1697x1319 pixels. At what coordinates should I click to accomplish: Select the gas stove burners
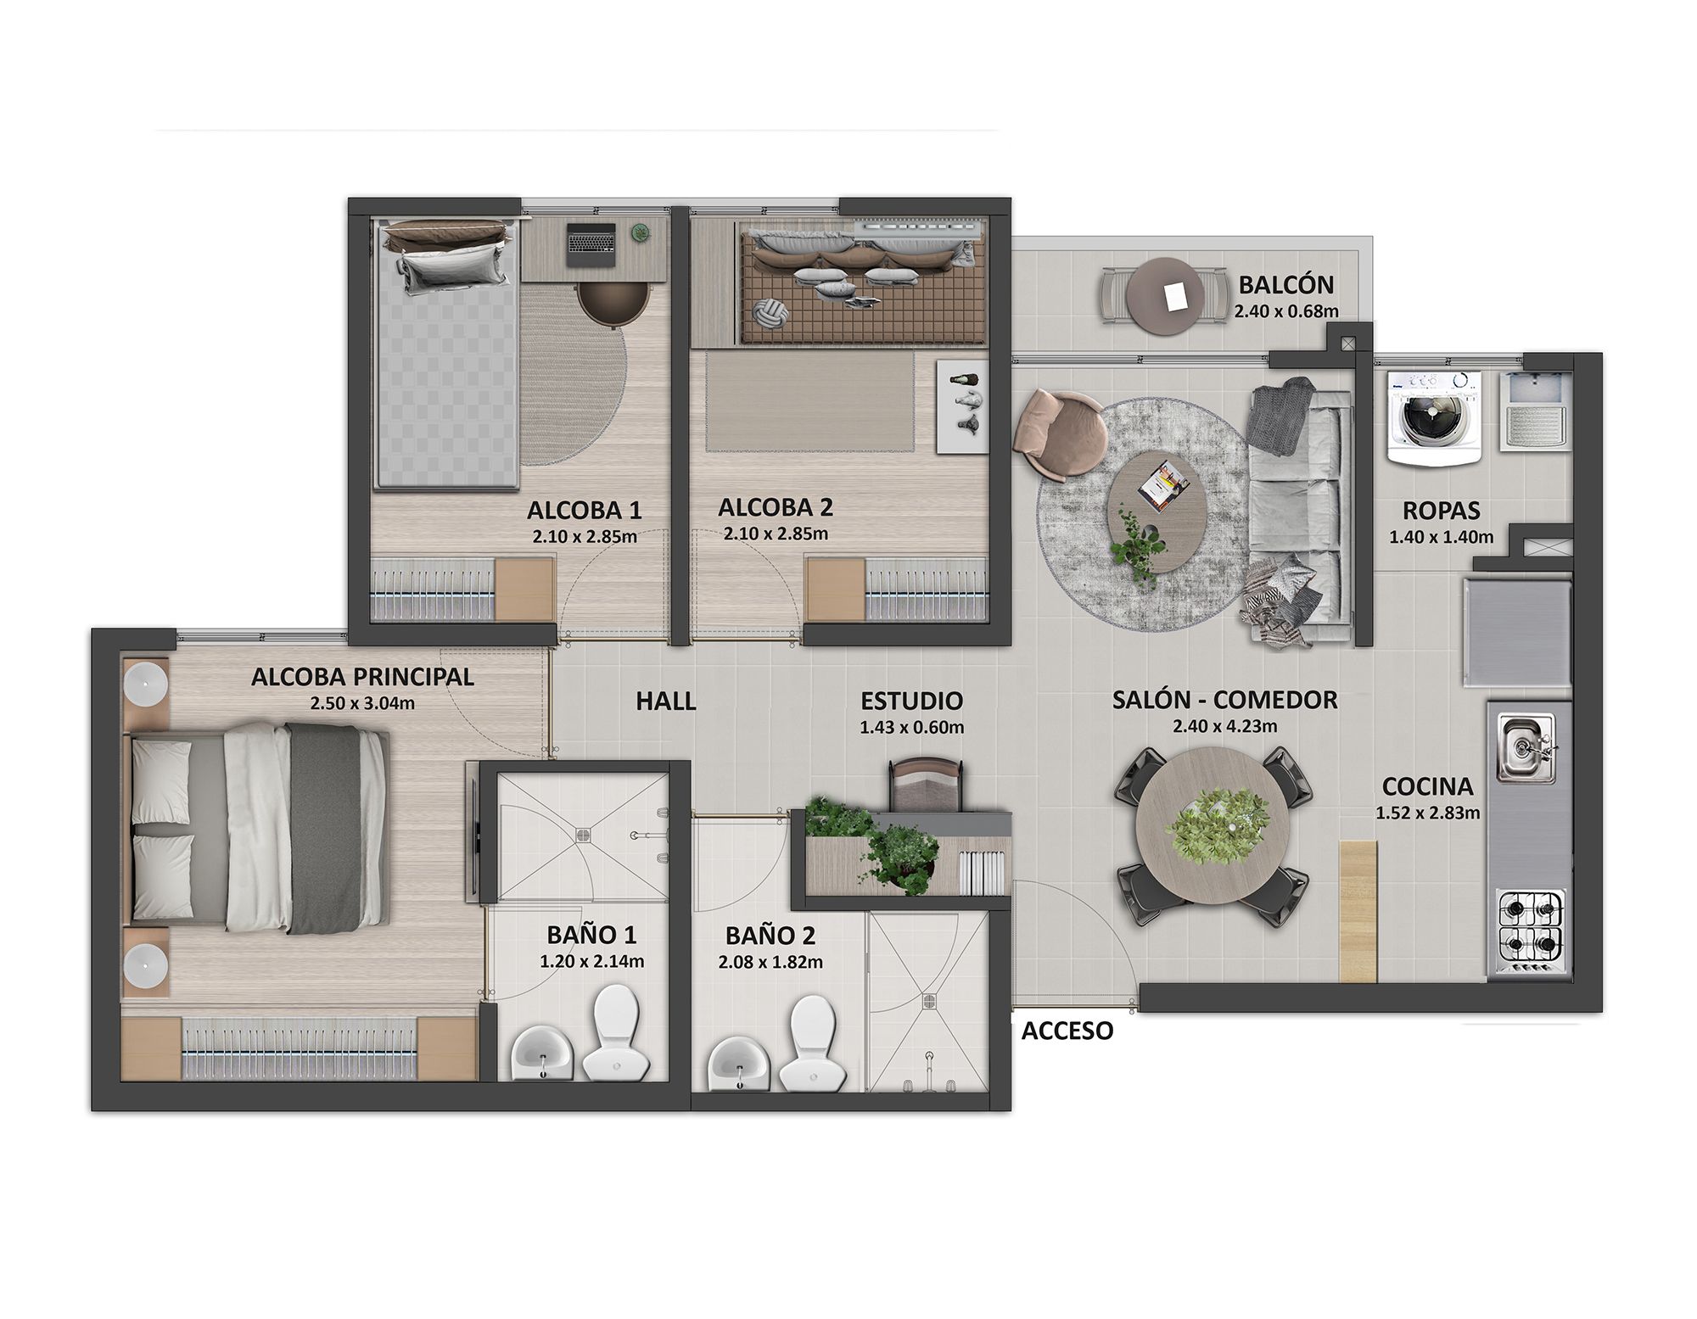tap(1532, 931)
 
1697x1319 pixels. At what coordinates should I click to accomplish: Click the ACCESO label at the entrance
tap(1067, 1031)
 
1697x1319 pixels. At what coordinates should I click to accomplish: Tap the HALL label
tap(666, 701)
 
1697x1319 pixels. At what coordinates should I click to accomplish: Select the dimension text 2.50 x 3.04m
tap(362, 702)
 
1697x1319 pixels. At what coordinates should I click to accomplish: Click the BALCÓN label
tap(1285, 284)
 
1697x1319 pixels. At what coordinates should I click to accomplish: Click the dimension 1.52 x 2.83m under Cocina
tap(1427, 813)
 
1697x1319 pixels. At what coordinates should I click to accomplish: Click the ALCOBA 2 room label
tap(775, 507)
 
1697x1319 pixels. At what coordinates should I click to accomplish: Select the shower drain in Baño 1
tap(584, 834)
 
